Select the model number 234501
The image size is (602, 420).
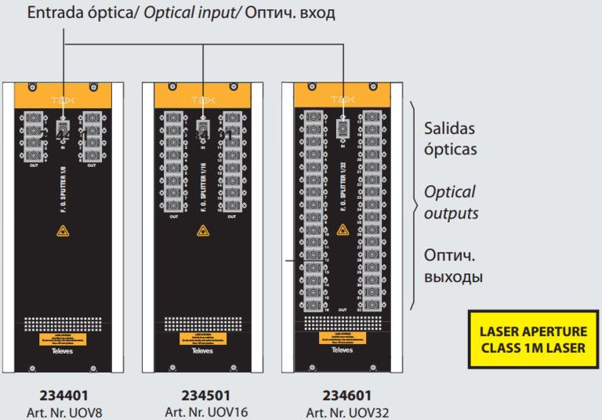pos(203,396)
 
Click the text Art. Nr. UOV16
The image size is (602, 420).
pos(203,412)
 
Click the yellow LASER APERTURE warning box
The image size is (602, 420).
pos(532,339)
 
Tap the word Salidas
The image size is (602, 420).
pos(450,128)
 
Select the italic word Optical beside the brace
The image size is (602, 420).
pos(450,192)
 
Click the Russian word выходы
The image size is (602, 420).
pos(454,277)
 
